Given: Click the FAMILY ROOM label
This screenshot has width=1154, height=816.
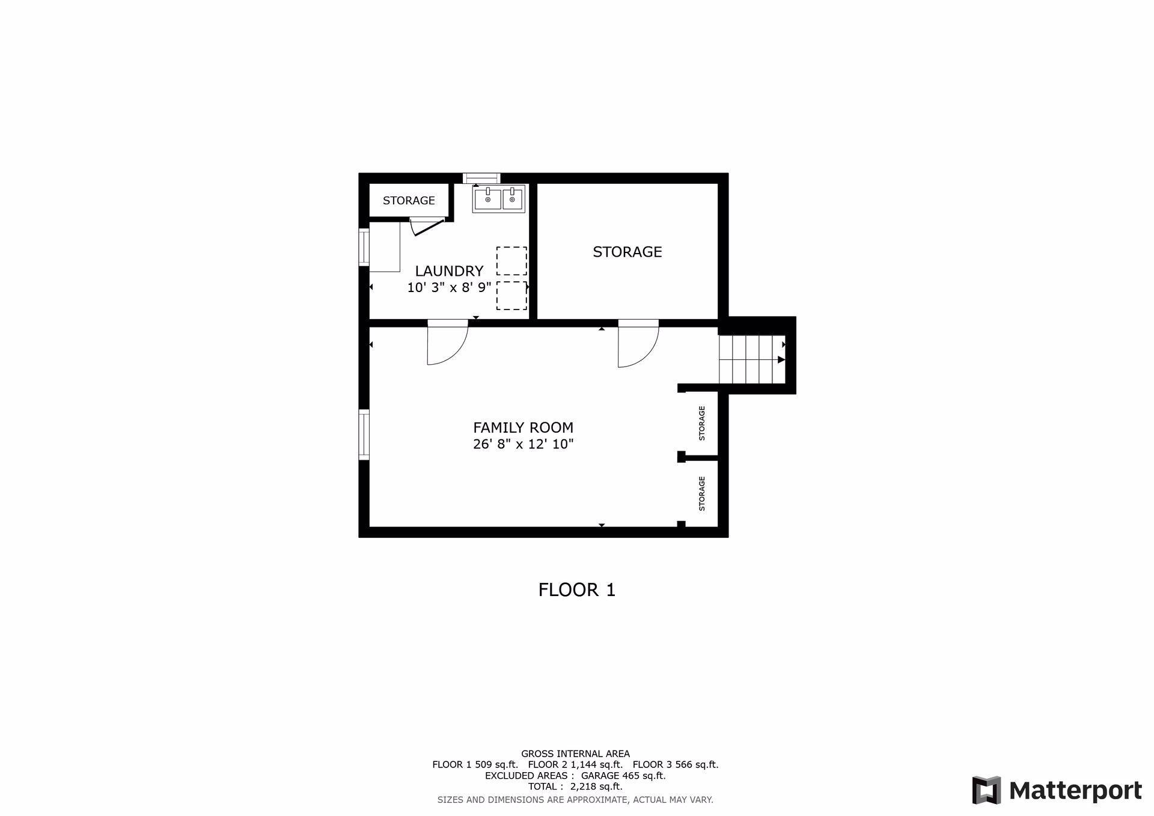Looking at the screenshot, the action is pos(523,428).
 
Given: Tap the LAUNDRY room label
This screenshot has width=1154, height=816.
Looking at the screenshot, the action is pos(449,271).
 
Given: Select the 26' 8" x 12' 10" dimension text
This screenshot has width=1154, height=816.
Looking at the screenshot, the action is pos(523,445).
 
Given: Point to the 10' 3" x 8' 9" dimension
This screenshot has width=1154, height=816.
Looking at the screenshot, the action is pos(449,288).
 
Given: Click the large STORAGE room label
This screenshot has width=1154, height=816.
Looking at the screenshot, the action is pos(627,252).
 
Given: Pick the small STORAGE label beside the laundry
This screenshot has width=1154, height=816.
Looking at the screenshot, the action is pos(409,201).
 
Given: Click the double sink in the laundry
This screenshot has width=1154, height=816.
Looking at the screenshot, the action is pos(498,199).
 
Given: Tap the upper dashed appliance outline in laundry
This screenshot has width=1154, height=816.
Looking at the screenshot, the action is pos(511,261).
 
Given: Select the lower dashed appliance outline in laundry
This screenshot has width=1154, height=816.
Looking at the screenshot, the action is pos(511,296).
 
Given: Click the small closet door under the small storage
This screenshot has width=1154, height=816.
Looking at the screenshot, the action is pos(427,227).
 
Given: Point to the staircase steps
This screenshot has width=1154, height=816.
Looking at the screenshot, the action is pos(752,359).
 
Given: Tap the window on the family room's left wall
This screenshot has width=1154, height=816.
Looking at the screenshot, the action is pos(364,434).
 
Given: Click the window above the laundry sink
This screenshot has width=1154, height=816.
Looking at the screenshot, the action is pos(481,178).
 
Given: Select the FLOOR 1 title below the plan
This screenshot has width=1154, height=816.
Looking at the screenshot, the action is pos(577,590).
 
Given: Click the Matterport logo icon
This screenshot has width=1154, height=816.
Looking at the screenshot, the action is pos(986,790).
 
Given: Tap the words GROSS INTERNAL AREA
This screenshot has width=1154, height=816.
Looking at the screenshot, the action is pos(575,754).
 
